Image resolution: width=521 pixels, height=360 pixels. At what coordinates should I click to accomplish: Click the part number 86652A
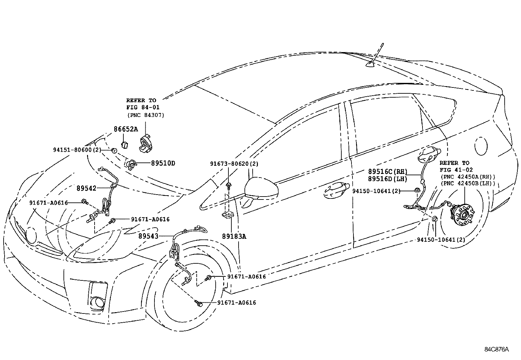(x=126, y=129)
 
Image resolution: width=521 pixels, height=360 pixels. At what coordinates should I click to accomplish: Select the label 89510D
(x=163, y=163)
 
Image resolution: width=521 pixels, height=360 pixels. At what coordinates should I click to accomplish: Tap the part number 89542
(x=87, y=188)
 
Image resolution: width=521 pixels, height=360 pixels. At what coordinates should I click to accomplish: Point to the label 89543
(x=148, y=236)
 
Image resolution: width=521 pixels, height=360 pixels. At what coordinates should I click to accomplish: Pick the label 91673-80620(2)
(x=234, y=163)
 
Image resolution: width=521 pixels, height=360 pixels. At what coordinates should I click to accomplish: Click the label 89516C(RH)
(x=387, y=171)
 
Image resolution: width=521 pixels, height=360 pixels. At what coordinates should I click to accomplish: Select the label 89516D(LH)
(x=387, y=179)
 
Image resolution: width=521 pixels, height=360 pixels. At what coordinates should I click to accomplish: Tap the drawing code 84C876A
(x=497, y=349)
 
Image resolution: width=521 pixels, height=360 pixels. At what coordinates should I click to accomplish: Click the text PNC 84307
(x=145, y=115)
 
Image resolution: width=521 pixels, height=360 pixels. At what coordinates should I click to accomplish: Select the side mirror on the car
(x=261, y=189)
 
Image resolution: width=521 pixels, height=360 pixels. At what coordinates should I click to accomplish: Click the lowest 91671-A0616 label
(x=237, y=303)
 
